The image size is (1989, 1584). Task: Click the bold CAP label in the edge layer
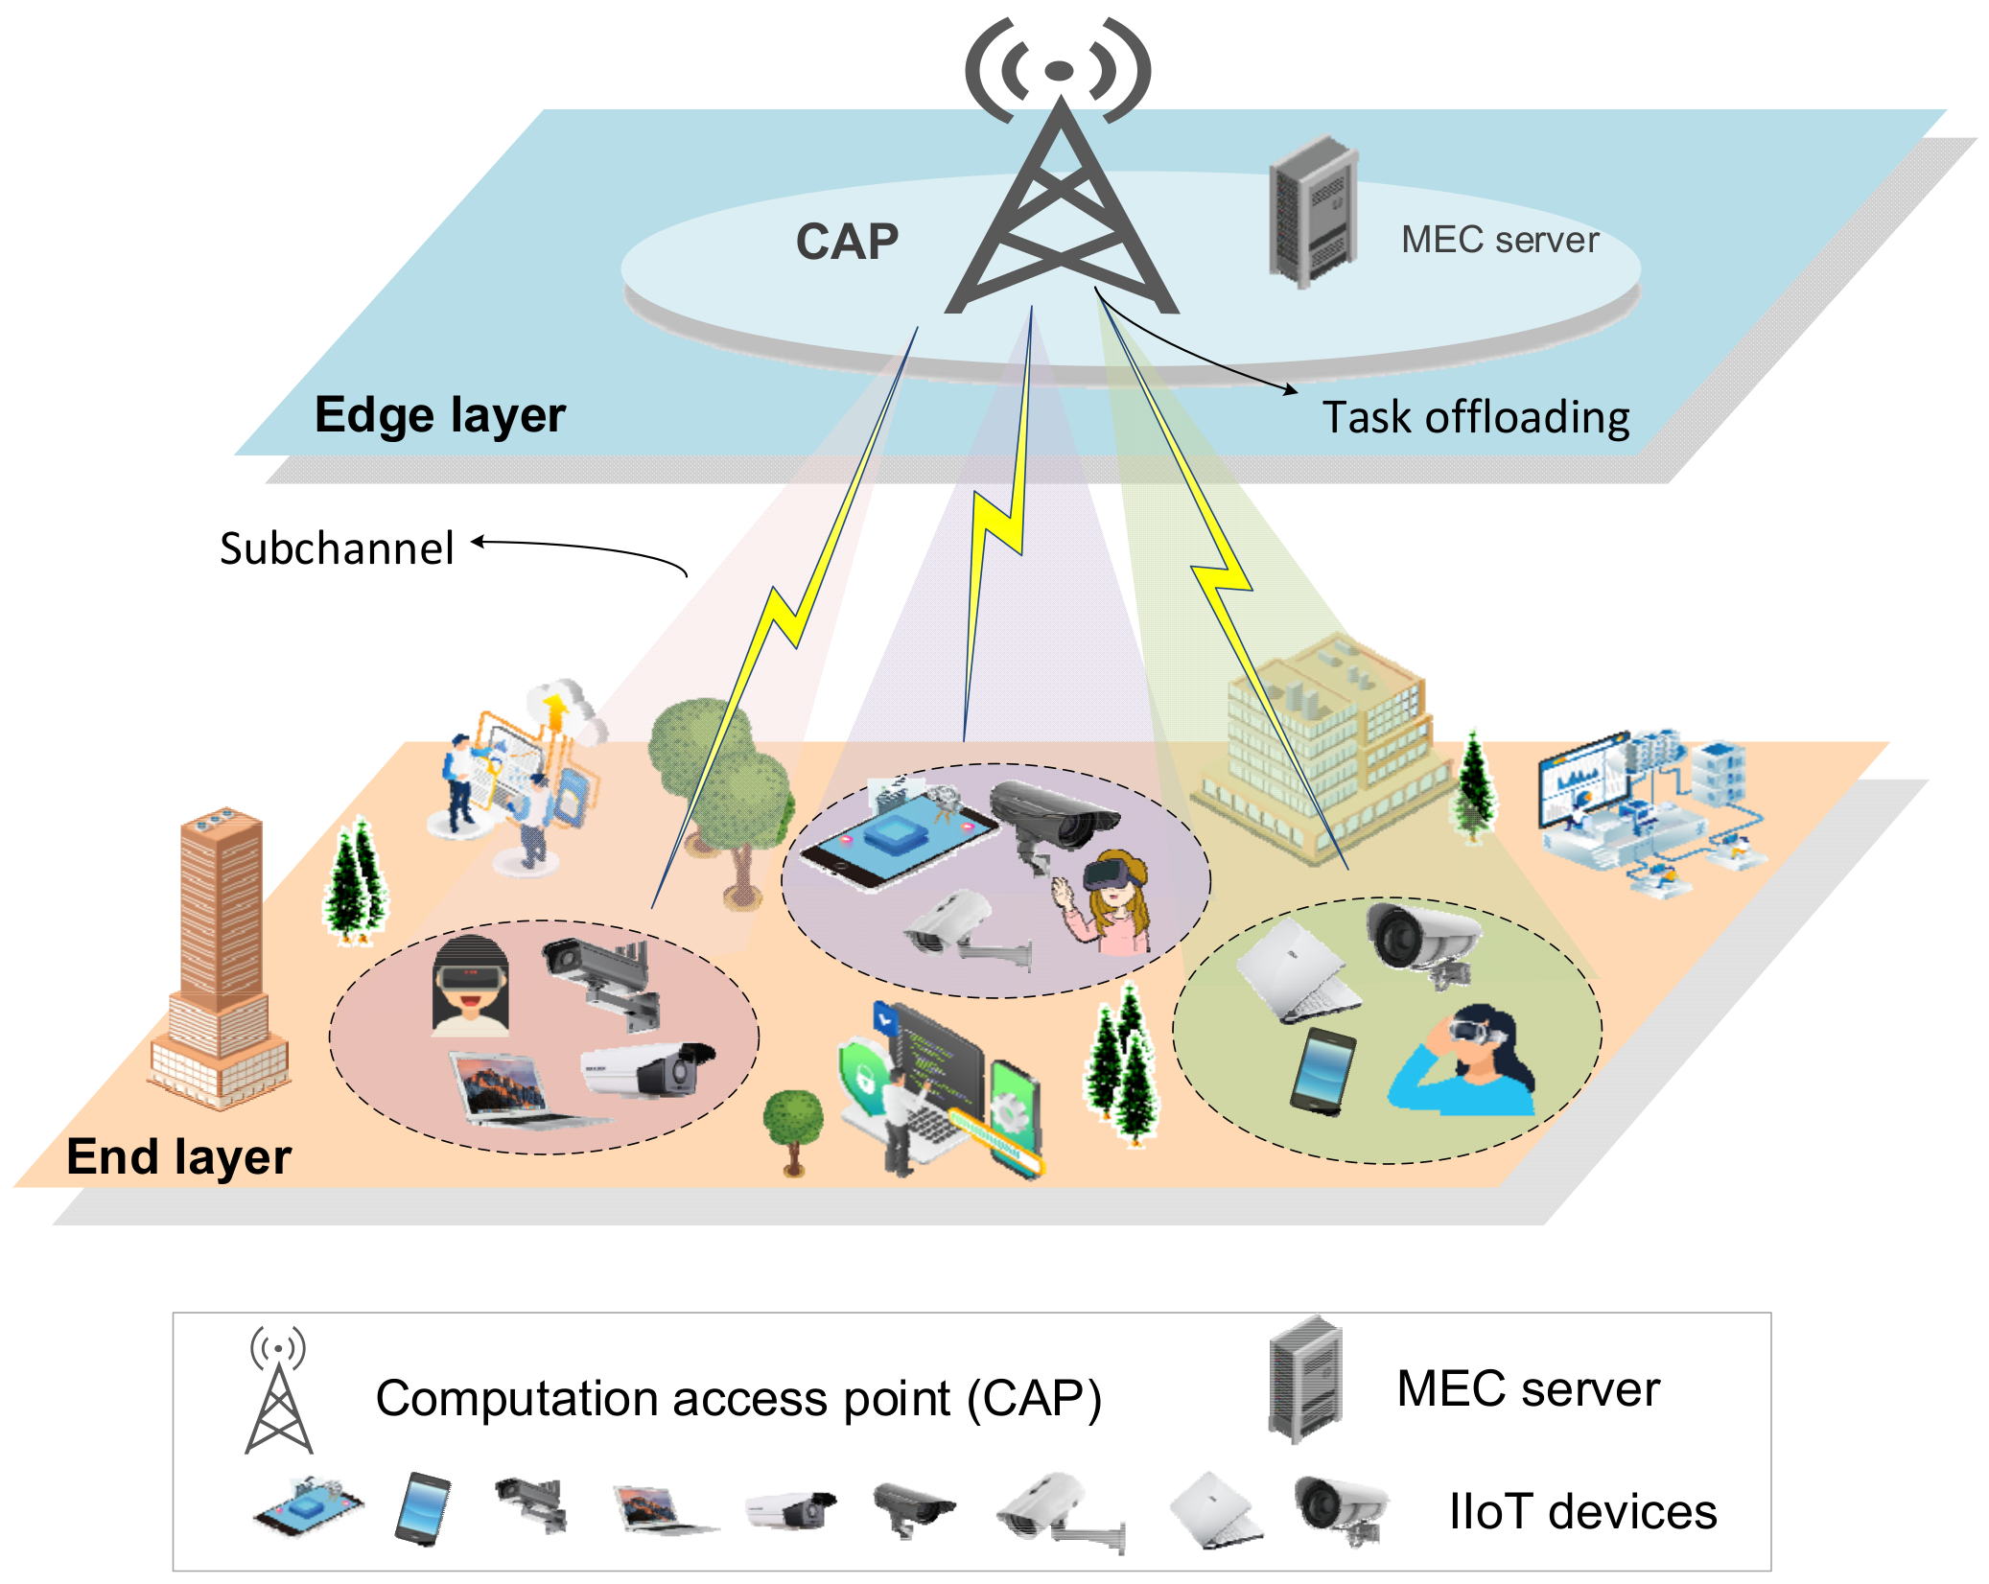pos(847,242)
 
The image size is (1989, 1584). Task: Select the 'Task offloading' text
pos(1475,418)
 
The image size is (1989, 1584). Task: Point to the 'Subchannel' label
pos(337,549)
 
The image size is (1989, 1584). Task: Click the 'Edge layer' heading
pos(440,415)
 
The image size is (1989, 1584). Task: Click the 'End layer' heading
pos(178,1156)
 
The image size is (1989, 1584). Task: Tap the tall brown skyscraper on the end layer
pos(220,959)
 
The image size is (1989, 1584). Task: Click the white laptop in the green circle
pos(1297,971)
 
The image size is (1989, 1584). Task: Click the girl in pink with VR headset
pos(1112,901)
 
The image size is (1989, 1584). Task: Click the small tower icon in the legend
pos(278,1390)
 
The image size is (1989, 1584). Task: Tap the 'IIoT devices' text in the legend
pos(1581,1512)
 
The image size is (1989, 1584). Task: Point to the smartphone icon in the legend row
pos(423,1508)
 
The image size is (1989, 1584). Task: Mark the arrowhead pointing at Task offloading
pos(1292,389)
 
